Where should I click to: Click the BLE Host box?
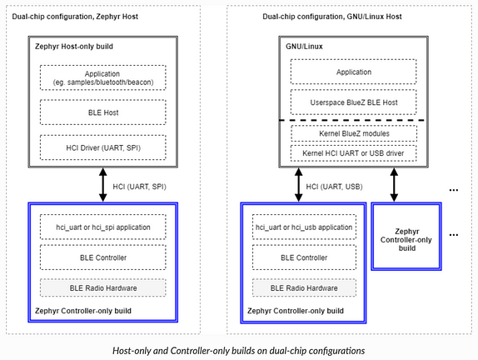click(x=103, y=112)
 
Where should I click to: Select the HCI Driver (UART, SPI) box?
click(x=103, y=147)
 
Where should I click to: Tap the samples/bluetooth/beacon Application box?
click(x=103, y=77)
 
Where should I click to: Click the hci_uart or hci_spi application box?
click(x=103, y=227)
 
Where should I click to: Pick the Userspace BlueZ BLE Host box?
click(x=354, y=102)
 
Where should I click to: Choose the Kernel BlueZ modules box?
click(x=354, y=133)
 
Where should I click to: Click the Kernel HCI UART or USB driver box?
click(x=354, y=153)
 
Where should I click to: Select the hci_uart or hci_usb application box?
click(x=304, y=227)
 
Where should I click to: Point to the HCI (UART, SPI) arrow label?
click(x=139, y=187)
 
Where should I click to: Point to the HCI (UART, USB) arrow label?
click(x=335, y=187)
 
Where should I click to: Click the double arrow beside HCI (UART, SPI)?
click(x=103, y=184)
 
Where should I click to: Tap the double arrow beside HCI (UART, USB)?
click(x=299, y=184)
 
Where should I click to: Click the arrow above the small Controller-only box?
click(x=394, y=184)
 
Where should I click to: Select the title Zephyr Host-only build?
click(x=74, y=47)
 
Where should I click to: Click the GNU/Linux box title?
click(x=304, y=47)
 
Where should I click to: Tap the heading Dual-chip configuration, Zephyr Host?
click(x=75, y=17)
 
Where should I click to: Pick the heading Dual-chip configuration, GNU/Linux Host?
click(x=332, y=17)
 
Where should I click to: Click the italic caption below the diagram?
click(x=239, y=351)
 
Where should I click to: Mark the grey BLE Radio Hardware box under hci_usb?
click(x=304, y=287)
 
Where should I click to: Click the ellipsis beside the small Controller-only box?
click(x=454, y=235)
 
